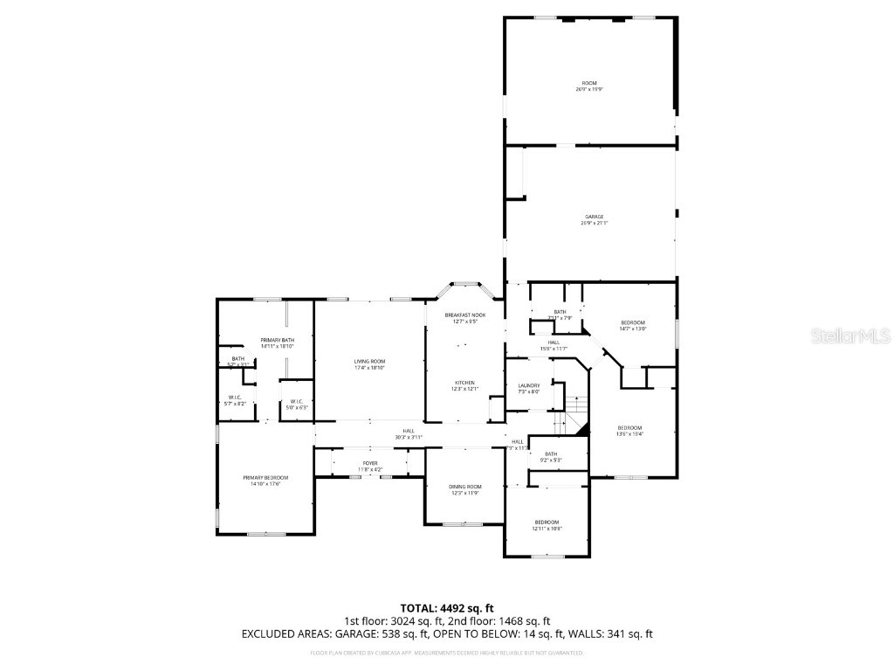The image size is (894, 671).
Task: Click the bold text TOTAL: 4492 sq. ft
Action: [x=447, y=608]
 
